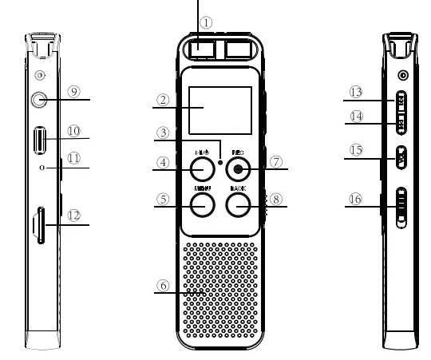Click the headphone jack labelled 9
point(38,100)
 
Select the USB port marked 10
point(38,141)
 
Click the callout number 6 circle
point(164,284)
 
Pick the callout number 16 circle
point(355,199)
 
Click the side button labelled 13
point(401,101)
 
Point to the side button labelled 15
point(401,156)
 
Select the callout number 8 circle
point(275,200)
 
